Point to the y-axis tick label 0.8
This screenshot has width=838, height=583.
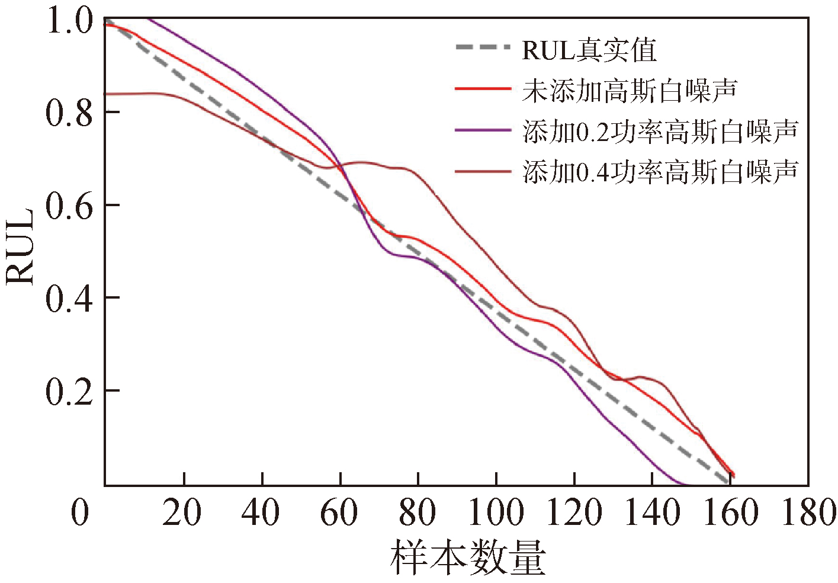click(x=69, y=113)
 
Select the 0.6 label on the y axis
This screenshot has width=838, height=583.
click(x=69, y=206)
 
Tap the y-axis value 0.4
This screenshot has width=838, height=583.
click(x=69, y=298)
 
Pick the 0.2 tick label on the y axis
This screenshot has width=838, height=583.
click(x=69, y=391)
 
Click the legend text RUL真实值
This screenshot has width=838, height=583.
click(x=589, y=50)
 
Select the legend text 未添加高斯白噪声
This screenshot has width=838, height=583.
click(x=630, y=90)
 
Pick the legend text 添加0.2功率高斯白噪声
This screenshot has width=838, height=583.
click(x=660, y=131)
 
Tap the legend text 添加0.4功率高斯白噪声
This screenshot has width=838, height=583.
click(x=660, y=171)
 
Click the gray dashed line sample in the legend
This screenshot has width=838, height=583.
click(x=483, y=48)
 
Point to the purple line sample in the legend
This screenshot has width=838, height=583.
click(x=483, y=129)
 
